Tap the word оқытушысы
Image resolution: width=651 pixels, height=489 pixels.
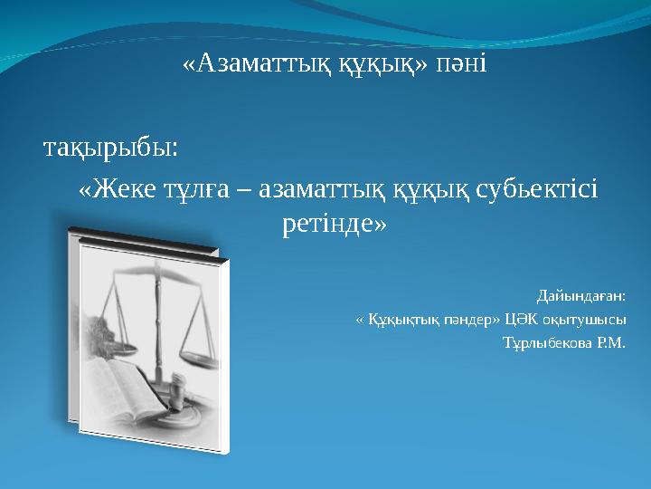[x=588, y=320]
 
